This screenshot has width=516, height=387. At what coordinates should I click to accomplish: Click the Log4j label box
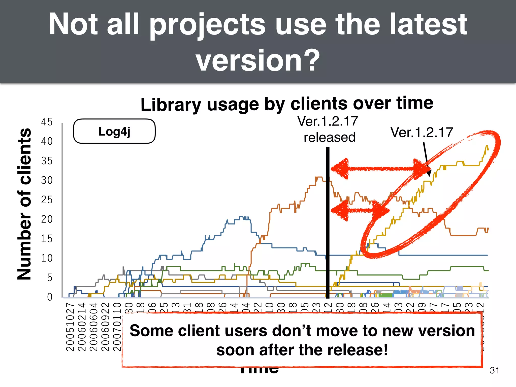pos(114,131)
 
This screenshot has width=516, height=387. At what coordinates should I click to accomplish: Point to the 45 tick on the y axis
pos(47,122)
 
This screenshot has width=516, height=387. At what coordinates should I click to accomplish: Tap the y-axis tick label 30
pos(47,180)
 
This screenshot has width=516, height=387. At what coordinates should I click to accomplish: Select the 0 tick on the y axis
pos(50,297)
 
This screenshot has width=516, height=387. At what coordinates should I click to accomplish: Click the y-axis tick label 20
pos(47,219)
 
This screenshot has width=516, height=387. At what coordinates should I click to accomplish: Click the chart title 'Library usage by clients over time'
pos(287,104)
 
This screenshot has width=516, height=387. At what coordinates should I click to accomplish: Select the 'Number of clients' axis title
pos(24,204)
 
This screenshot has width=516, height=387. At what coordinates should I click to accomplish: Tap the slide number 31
pos(494,370)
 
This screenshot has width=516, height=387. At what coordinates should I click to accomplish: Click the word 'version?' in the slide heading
pos(258,60)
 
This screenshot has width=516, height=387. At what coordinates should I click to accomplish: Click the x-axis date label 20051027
pos(70,327)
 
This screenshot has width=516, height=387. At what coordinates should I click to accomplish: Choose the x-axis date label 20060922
pos(105,327)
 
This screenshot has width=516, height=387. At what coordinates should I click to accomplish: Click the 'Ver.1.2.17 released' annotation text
pos(328,129)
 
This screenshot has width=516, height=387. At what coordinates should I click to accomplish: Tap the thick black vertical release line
pos(328,227)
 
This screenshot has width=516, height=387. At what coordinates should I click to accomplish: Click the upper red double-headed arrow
pos(375,169)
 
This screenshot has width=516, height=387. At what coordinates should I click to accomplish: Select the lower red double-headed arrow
pos(358,210)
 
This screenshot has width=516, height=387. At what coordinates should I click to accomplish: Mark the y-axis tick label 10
pos(47,258)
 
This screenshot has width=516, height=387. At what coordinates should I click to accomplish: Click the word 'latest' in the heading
pos(428,25)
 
